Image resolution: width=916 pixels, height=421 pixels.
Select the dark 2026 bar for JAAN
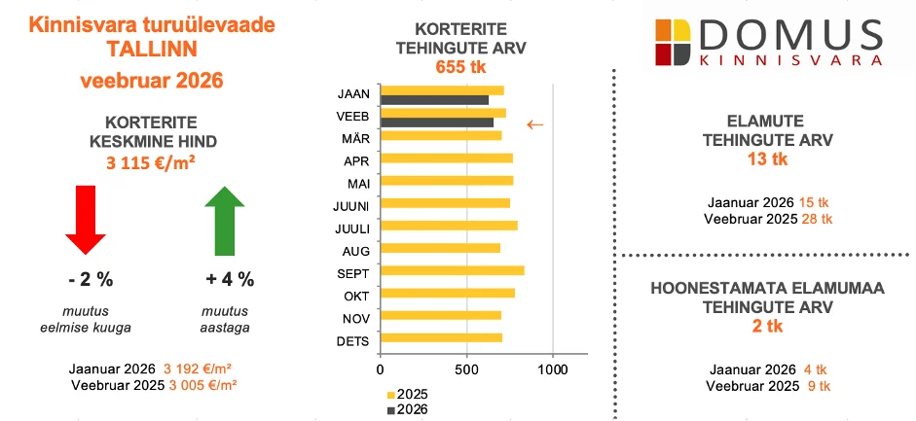click(434, 100)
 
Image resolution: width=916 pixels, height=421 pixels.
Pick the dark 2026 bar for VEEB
click(437, 123)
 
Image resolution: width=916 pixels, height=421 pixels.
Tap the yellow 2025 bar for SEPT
click(452, 270)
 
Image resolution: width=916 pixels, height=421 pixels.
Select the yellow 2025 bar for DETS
click(441, 338)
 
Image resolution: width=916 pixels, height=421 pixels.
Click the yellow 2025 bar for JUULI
click(448, 226)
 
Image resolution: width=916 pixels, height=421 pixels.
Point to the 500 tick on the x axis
click(466, 369)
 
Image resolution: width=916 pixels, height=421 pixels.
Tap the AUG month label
click(351, 249)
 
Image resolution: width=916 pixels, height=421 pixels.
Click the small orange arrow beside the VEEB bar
click(534, 123)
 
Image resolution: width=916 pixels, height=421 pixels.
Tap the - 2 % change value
click(91, 280)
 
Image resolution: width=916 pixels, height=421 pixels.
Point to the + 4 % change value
click(230, 280)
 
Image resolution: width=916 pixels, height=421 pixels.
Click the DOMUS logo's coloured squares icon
click(677, 42)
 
